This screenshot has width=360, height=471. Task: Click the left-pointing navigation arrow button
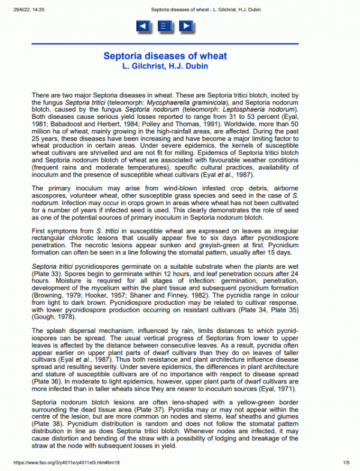pos(143,26)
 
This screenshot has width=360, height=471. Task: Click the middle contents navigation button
pos(165,26)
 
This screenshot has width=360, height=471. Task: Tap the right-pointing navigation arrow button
pos(186,26)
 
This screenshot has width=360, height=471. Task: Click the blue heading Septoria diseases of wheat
pos(165,56)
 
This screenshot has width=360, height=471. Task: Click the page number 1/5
pos(346,463)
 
